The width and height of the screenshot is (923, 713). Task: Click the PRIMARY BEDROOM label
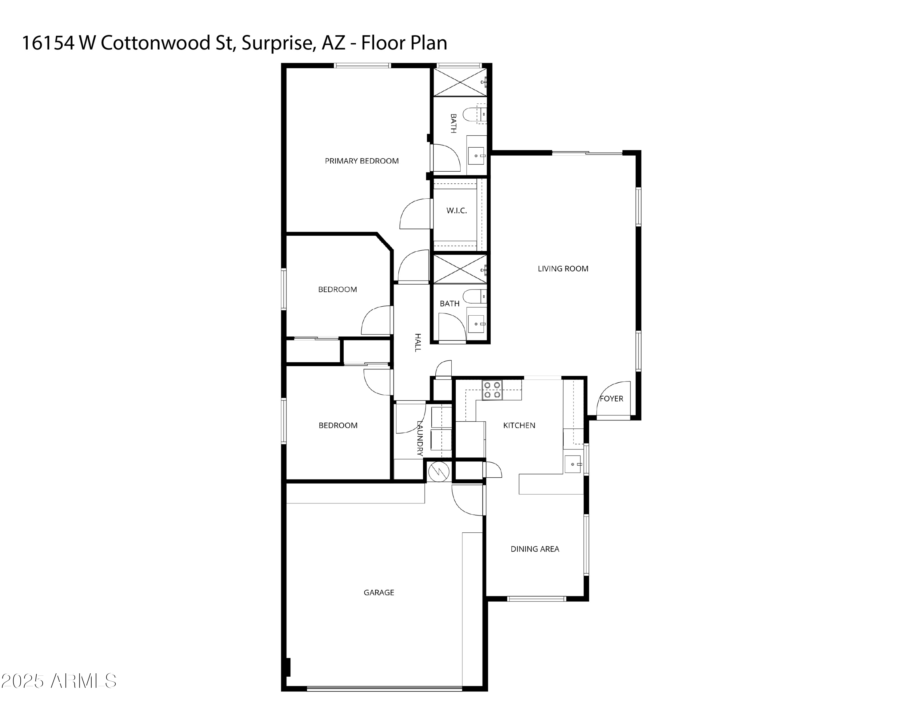(x=361, y=161)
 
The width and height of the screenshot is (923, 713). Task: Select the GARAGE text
(x=379, y=593)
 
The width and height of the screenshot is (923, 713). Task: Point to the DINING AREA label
(x=535, y=549)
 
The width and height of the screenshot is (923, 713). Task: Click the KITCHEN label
(x=519, y=425)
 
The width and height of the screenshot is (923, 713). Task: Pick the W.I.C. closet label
(x=457, y=210)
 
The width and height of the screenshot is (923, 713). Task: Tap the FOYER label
(x=612, y=399)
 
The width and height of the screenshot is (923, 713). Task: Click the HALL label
(x=418, y=343)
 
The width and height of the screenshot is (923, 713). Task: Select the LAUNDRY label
(x=420, y=438)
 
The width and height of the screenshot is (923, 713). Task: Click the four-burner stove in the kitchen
(x=492, y=390)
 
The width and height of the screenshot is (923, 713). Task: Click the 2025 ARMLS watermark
(x=59, y=681)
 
